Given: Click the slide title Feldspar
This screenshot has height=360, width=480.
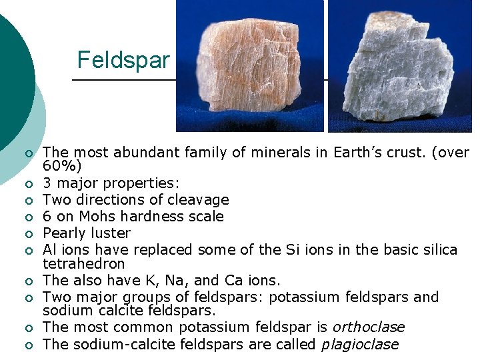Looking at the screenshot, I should (x=123, y=60).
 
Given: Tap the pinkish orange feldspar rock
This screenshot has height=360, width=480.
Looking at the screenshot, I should (x=249, y=67).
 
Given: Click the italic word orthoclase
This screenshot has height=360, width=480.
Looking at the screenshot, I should (x=368, y=327).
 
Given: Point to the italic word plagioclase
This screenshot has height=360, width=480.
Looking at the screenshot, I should (x=359, y=345).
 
